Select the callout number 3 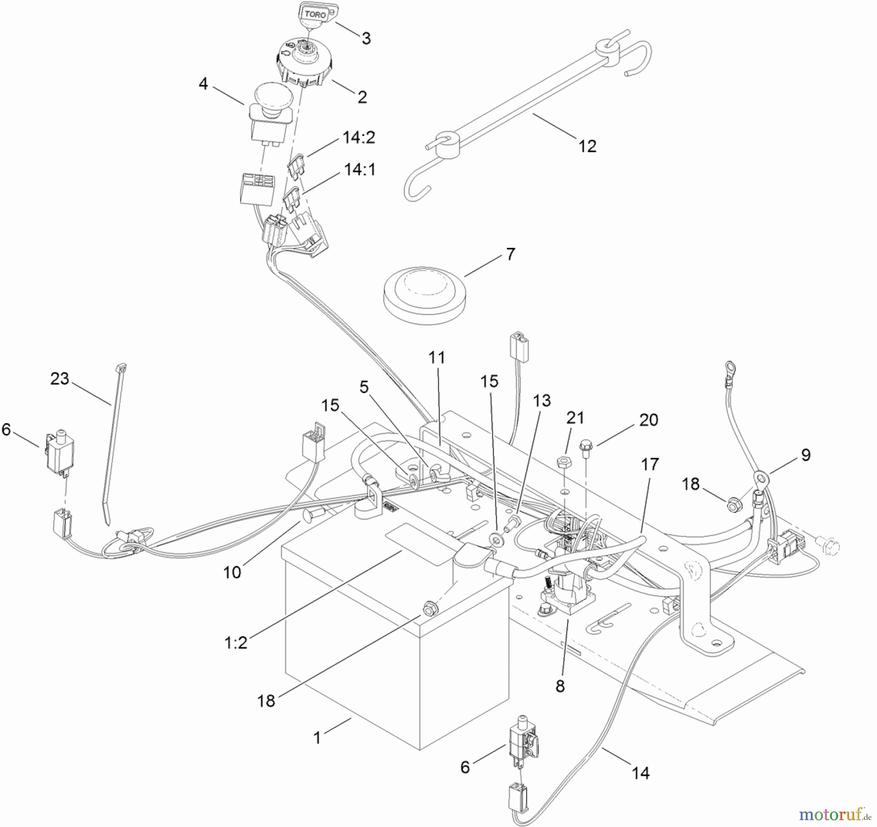(366, 38)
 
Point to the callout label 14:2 (359, 138)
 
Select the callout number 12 (587, 146)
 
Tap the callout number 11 (437, 357)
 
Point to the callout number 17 (650, 465)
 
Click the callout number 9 (806, 455)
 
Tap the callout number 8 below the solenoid (560, 687)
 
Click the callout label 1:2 (236, 643)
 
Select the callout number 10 (232, 572)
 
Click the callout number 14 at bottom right (641, 773)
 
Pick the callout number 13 (542, 400)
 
